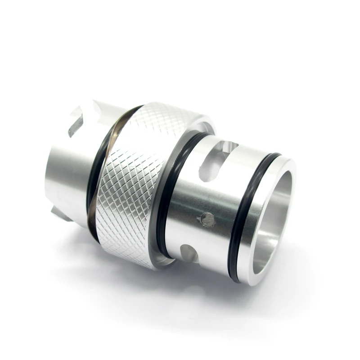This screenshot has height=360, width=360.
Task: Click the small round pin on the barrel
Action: coord(207,219)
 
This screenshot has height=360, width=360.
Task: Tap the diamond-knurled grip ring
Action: coord(135,180)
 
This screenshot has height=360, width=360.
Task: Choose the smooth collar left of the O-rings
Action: coord(67,175)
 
